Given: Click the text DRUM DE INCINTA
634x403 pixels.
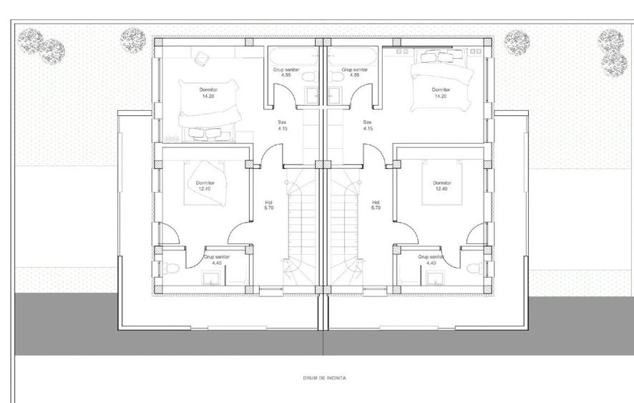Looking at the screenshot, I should [324, 378].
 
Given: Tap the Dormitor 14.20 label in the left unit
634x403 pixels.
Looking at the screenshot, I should [208, 93].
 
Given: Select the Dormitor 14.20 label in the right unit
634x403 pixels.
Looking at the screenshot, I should [442, 93].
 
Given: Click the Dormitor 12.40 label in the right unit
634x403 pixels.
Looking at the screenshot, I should [442, 186].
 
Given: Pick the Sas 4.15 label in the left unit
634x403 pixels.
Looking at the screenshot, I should [283, 125].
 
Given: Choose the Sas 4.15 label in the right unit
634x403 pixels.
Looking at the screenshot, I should [368, 125].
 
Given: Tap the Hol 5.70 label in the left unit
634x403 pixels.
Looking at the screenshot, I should [269, 205].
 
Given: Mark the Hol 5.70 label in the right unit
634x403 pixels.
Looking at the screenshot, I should [376, 205].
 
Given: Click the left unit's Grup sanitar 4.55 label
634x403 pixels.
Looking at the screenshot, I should [286, 72].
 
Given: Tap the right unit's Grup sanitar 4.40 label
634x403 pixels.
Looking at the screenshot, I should [431, 260].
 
